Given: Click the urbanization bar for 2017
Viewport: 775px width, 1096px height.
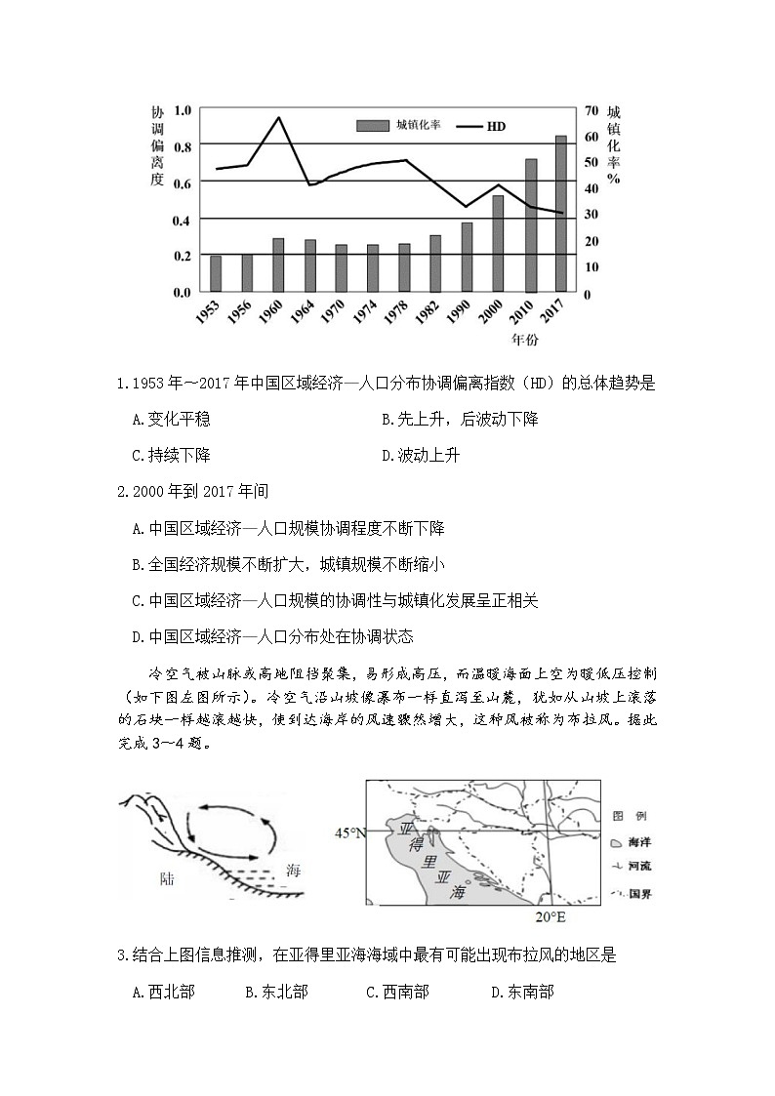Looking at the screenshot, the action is point(561,214).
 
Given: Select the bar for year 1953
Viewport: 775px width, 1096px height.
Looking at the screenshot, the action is point(216,273).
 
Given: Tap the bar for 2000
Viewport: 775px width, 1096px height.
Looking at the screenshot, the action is point(498,243).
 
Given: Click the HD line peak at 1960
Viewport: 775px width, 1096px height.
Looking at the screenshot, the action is point(278,118).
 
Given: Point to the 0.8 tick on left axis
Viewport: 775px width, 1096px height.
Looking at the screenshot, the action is point(183,144).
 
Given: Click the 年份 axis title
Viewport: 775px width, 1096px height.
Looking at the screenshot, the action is point(524,340).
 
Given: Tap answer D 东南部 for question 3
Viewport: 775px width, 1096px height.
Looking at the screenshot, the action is point(522,992).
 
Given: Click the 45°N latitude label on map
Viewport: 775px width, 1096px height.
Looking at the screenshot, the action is point(349,832).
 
